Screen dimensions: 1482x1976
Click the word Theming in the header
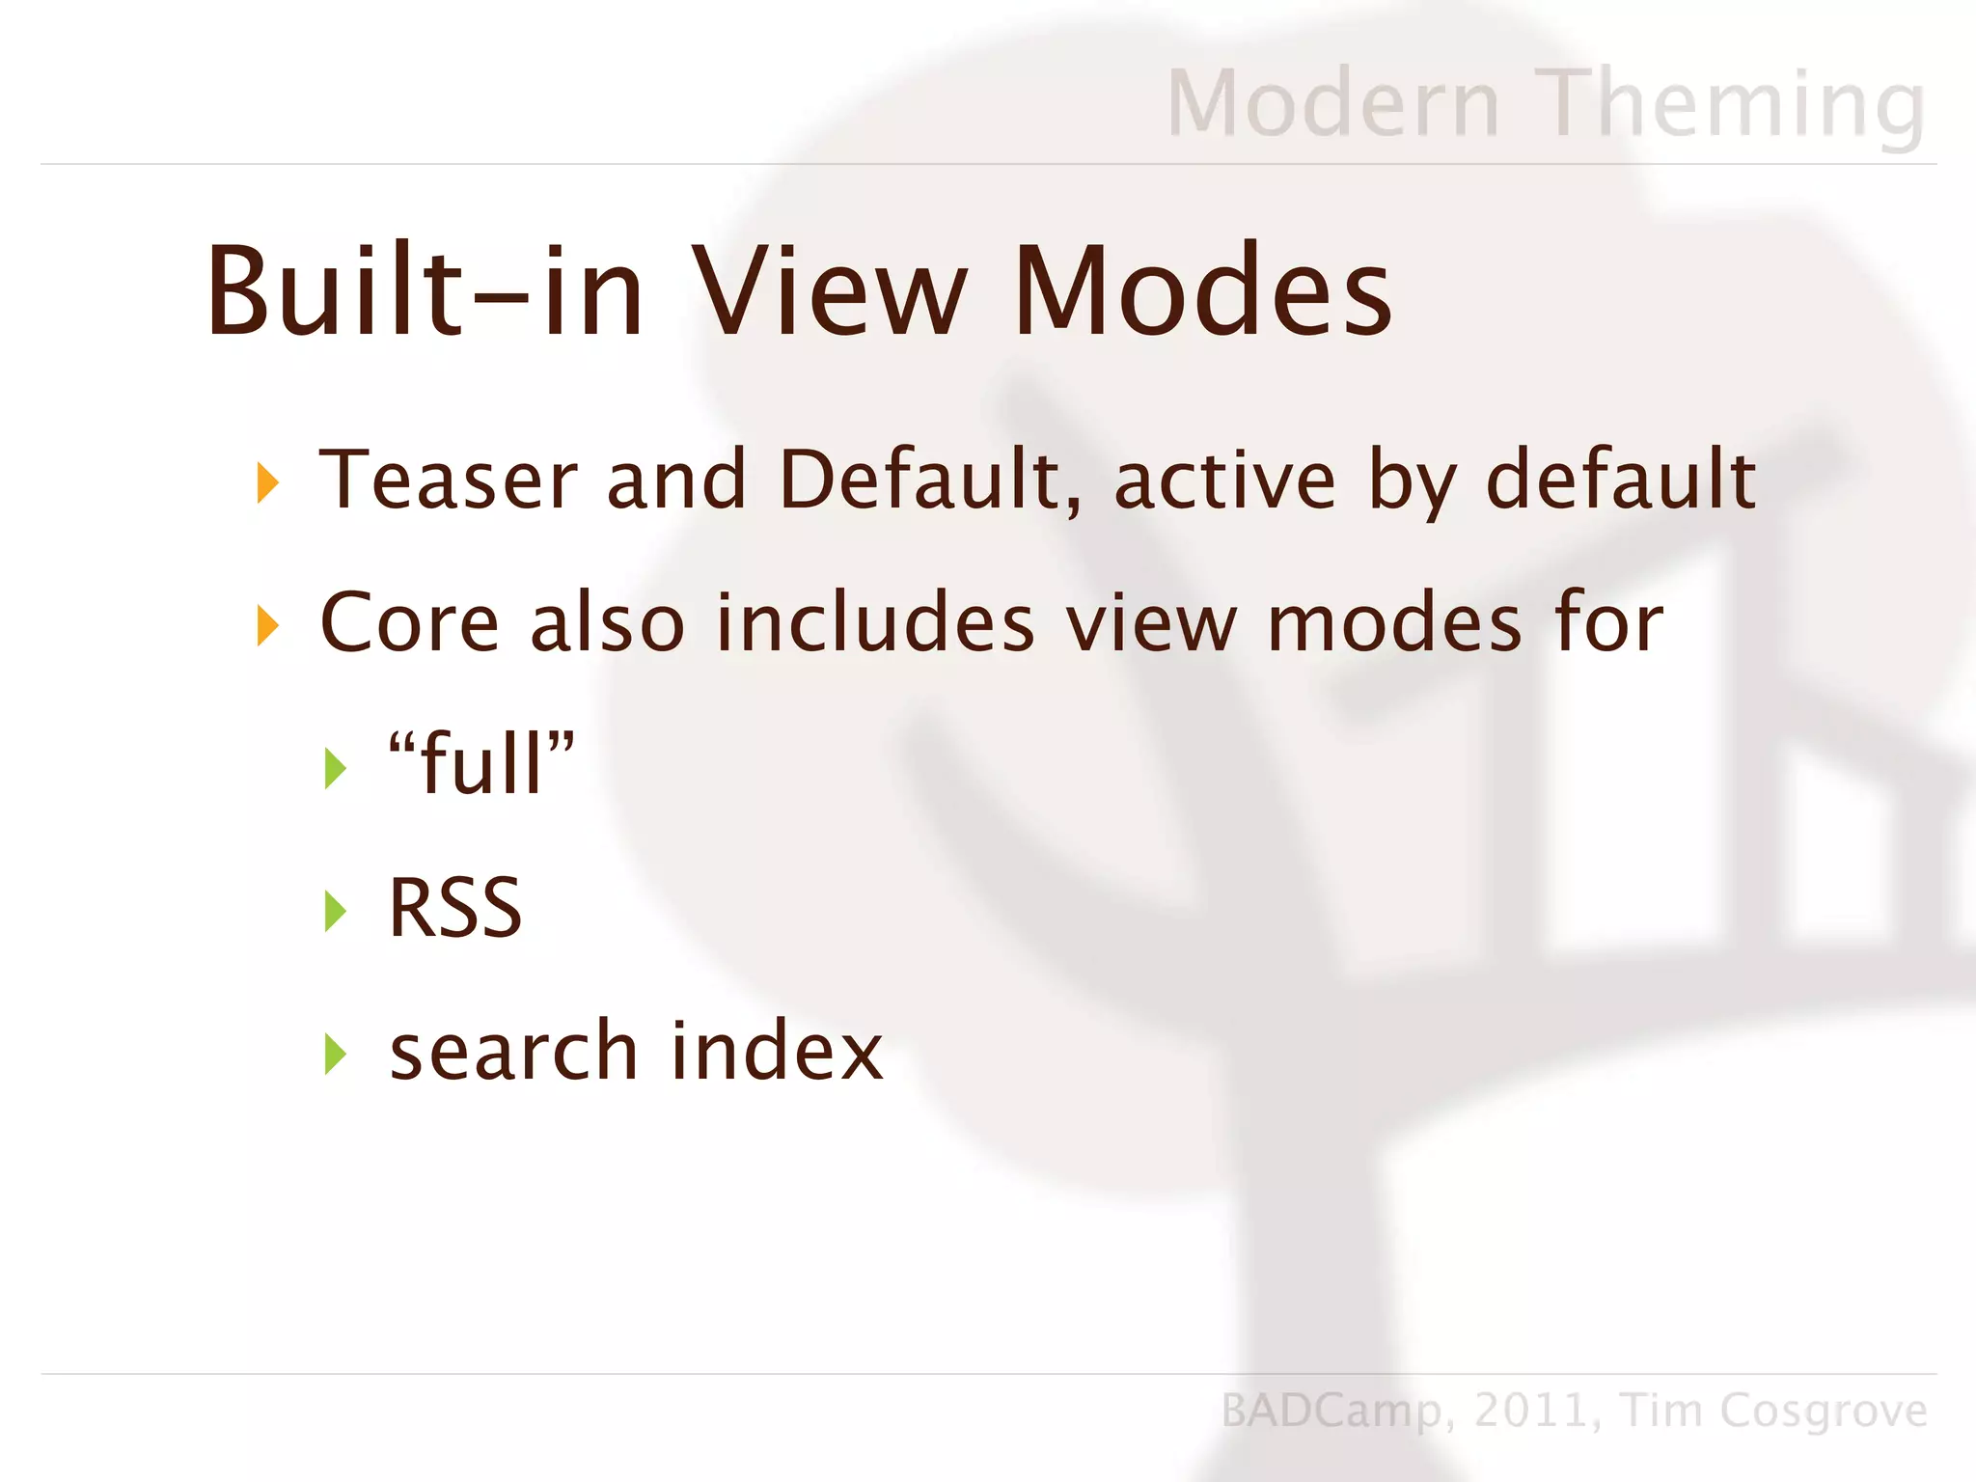click(x=1732, y=104)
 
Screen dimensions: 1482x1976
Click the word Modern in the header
click(x=1333, y=104)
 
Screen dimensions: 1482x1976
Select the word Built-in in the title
click(x=425, y=290)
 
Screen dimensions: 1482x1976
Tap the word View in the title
click(x=832, y=290)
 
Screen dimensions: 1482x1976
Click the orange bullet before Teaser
click(x=267, y=482)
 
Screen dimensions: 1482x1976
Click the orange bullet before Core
click(x=267, y=625)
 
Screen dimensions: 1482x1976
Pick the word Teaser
click(x=449, y=480)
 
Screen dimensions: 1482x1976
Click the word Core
click(x=409, y=623)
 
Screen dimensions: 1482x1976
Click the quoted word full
click(x=481, y=764)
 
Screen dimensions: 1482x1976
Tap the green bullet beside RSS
click(x=335, y=911)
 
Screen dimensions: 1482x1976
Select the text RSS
click(x=454, y=908)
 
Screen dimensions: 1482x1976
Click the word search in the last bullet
click(x=513, y=1051)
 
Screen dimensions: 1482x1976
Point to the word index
click(x=777, y=1051)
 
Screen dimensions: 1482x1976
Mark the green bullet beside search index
click(x=335, y=1054)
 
